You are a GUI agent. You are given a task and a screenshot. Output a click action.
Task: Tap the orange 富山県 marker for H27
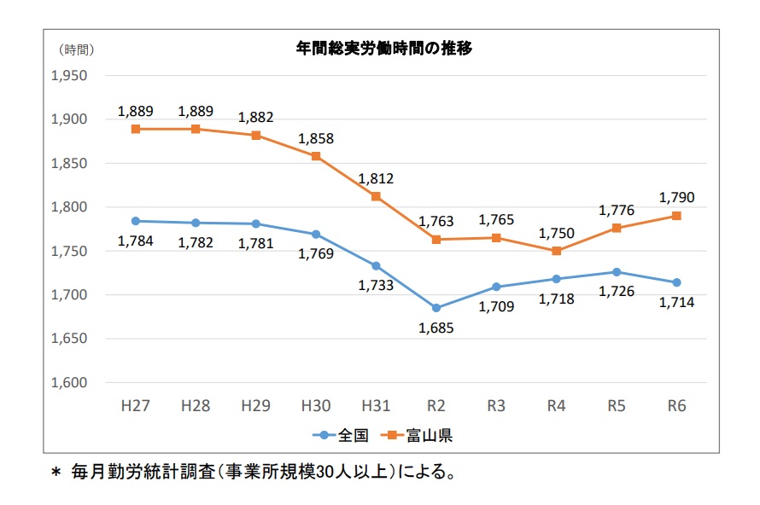(136, 129)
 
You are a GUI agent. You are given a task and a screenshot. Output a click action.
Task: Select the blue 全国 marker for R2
(436, 308)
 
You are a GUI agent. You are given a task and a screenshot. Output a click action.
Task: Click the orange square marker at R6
(676, 216)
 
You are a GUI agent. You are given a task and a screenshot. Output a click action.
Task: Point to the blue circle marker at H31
(377, 266)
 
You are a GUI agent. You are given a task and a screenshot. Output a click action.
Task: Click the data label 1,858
(316, 138)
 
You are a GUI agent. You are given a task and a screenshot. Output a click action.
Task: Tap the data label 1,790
(677, 197)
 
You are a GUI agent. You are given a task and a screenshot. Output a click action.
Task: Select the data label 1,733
(377, 285)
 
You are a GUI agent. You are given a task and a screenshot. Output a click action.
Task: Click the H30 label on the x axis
(316, 405)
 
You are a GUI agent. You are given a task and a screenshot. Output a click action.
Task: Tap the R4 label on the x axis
(557, 405)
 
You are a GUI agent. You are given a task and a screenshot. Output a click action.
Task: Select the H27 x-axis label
(136, 405)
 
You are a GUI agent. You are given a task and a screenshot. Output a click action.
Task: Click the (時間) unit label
(77, 49)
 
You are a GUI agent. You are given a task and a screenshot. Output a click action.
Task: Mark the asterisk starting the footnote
(57, 472)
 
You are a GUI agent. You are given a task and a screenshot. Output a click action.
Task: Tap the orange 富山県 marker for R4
(557, 251)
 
